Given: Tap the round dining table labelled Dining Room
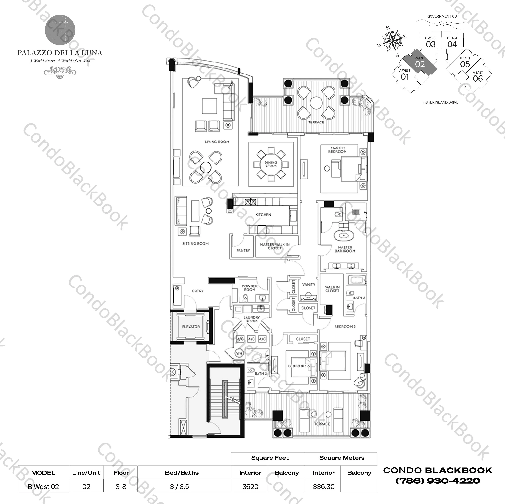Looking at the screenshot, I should [271, 164].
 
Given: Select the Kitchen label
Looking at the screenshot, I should [263, 215].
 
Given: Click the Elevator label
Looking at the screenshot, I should [191, 327].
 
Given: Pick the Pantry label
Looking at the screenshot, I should [243, 250].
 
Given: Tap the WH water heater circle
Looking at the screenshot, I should [239, 353].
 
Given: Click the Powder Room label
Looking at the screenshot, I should [249, 288].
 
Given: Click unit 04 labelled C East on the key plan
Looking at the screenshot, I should [452, 42].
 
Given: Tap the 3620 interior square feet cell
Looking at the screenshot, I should [250, 487].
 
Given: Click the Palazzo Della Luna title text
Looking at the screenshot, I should [60, 53].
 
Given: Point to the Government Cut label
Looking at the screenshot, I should [443, 16].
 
